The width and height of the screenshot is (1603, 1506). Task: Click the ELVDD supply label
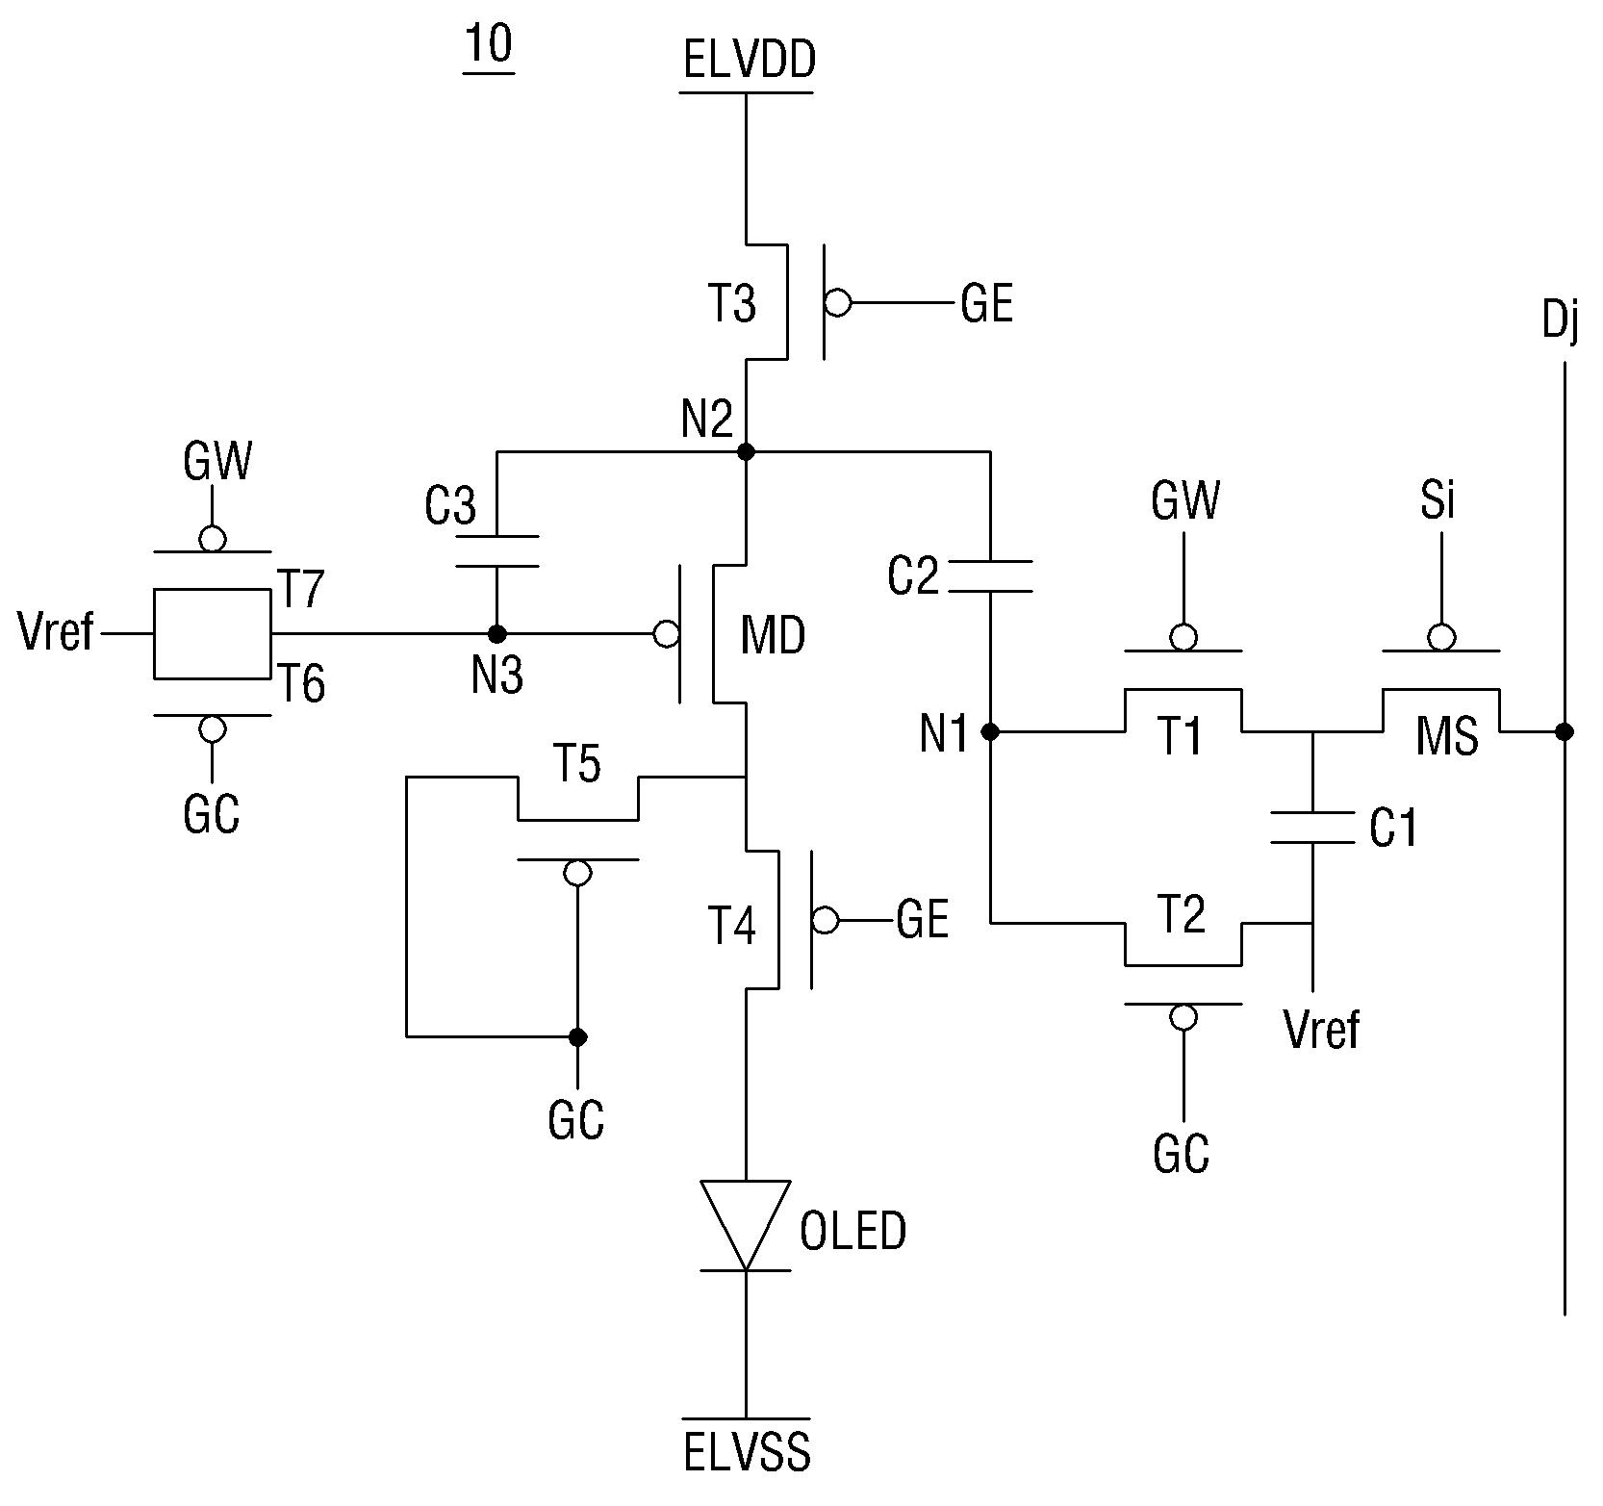pos(750,60)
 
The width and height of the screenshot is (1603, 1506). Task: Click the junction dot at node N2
pos(745,451)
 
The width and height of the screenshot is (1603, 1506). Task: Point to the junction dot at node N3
pos(496,634)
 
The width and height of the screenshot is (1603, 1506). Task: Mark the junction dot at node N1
pos(991,732)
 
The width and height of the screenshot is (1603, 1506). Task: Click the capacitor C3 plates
pos(496,550)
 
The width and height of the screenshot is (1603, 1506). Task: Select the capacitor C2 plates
pos(991,575)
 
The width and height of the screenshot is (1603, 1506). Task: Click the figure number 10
pos(489,45)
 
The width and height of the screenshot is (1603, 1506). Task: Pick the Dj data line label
pos(1560,320)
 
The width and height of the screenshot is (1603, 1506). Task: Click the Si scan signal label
pos(1438,500)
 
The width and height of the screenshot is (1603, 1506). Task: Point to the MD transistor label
pos(773,635)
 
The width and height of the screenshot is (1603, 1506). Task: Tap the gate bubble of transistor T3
pos(838,303)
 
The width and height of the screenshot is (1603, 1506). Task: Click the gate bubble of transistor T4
pos(825,921)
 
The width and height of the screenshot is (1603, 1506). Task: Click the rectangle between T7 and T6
pos(212,634)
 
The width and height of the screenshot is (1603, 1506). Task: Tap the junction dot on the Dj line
pos(1565,732)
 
